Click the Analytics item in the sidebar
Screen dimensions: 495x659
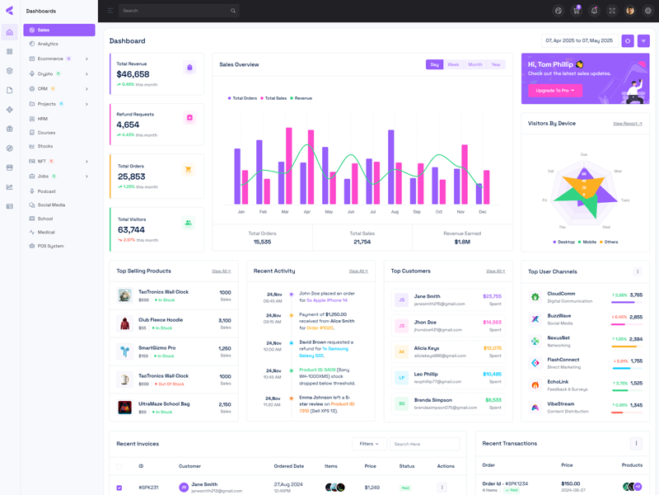[x=48, y=44]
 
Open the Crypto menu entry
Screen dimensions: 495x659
[x=45, y=73]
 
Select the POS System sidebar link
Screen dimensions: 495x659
[x=50, y=246]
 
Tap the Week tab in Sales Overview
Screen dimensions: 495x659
[x=453, y=64]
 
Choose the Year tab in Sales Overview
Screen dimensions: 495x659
[x=496, y=64]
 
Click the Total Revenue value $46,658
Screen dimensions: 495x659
[x=133, y=74]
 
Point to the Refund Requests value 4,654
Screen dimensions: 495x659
[x=128, y=125]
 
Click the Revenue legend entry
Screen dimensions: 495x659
[x=302, y=98]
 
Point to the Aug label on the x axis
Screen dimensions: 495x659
[x=395, y=212]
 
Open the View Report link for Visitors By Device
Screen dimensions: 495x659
[x=628, y=124]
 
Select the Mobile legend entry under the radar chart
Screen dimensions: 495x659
[x=589, y=242]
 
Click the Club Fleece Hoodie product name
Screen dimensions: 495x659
[x=161, y=320]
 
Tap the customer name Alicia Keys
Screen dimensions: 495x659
[x=427, y=348]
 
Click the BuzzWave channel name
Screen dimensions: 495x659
[x=559, y=316]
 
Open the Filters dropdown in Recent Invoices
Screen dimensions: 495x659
[x=369, y=444]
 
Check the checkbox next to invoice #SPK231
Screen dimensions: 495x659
[x=119, y=488]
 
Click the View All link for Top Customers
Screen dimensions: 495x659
[x=495, y=271]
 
